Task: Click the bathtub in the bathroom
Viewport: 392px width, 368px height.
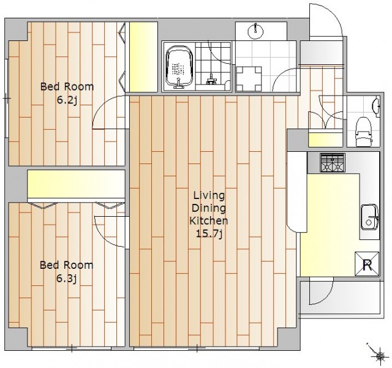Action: tap(179, 67)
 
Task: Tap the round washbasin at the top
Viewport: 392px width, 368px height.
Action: tap(255, 31)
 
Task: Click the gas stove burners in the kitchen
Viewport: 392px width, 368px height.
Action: tap(333, 163)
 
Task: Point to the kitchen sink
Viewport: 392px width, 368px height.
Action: tap(369, 217)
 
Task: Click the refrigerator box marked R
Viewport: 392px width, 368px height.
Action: tap(367, 264)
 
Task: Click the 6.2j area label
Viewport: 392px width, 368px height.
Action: tap(67, 101)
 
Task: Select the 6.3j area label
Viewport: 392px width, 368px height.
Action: tap(66, 279)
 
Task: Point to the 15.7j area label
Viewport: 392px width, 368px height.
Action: tap(209, 234)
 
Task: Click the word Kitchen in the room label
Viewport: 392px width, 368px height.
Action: tap(209, 221)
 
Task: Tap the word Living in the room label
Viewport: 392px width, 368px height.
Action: tap(209, 195)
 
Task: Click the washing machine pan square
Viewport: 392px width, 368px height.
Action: tap(249, 79)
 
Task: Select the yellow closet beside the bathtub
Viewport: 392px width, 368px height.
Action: tap(143, 57)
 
